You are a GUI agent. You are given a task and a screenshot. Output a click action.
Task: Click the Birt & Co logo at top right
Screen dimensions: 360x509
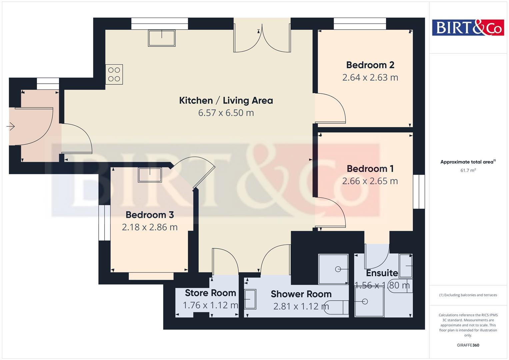tap(468, 27)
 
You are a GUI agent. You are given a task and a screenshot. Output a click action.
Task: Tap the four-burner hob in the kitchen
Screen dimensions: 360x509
tap(114, 74)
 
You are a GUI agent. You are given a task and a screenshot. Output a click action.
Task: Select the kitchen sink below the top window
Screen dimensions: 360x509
tap(162, 38)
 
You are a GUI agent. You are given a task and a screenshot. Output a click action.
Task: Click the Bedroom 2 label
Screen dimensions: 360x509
tap(370, 65)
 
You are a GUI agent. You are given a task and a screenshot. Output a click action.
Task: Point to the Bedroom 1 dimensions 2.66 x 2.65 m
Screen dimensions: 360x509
tap(370, 181)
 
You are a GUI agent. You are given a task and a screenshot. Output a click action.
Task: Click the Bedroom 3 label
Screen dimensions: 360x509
tap(150, 215)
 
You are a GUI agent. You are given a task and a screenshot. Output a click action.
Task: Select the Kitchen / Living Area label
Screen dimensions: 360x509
tap(226, 100)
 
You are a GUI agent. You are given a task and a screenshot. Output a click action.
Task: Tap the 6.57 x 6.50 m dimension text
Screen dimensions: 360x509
tap(226, 113)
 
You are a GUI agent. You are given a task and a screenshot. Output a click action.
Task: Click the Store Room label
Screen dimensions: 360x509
tap(210, 293)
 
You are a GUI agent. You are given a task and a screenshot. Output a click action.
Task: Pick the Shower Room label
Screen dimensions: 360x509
tap(301, 294)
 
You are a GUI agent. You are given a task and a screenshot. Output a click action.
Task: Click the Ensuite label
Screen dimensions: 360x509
tap(382, 273)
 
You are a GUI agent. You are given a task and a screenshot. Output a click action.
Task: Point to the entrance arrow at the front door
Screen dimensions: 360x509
tap(11, 127)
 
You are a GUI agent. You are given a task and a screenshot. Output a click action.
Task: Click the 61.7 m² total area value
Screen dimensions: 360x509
tap(468, 170)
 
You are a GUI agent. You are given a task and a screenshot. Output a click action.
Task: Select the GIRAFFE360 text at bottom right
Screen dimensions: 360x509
tap(468, 345)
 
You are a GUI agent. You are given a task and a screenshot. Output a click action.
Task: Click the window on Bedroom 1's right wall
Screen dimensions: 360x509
tap(419, 192)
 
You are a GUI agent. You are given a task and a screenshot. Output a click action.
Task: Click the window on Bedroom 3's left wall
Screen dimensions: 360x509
tap(104, 223)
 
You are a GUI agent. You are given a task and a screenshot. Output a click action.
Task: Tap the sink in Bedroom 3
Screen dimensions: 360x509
tap(150, 175)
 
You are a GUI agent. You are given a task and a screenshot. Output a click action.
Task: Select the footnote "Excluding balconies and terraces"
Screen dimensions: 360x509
tap(468, 295)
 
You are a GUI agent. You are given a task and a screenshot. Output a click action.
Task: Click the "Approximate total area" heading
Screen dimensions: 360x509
tap(467, 162)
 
